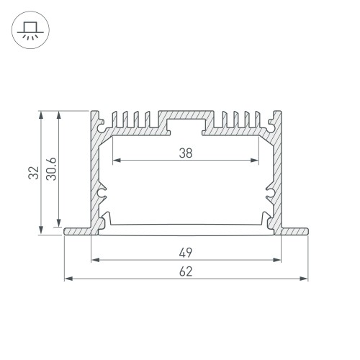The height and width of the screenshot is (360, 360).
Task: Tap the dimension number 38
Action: coord(186,153)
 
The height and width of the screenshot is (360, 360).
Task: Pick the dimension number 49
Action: coord(186,253)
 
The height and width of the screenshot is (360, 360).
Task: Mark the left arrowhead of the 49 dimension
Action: coord(94,260)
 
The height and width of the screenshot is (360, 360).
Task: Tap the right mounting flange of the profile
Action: coord(294,231)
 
